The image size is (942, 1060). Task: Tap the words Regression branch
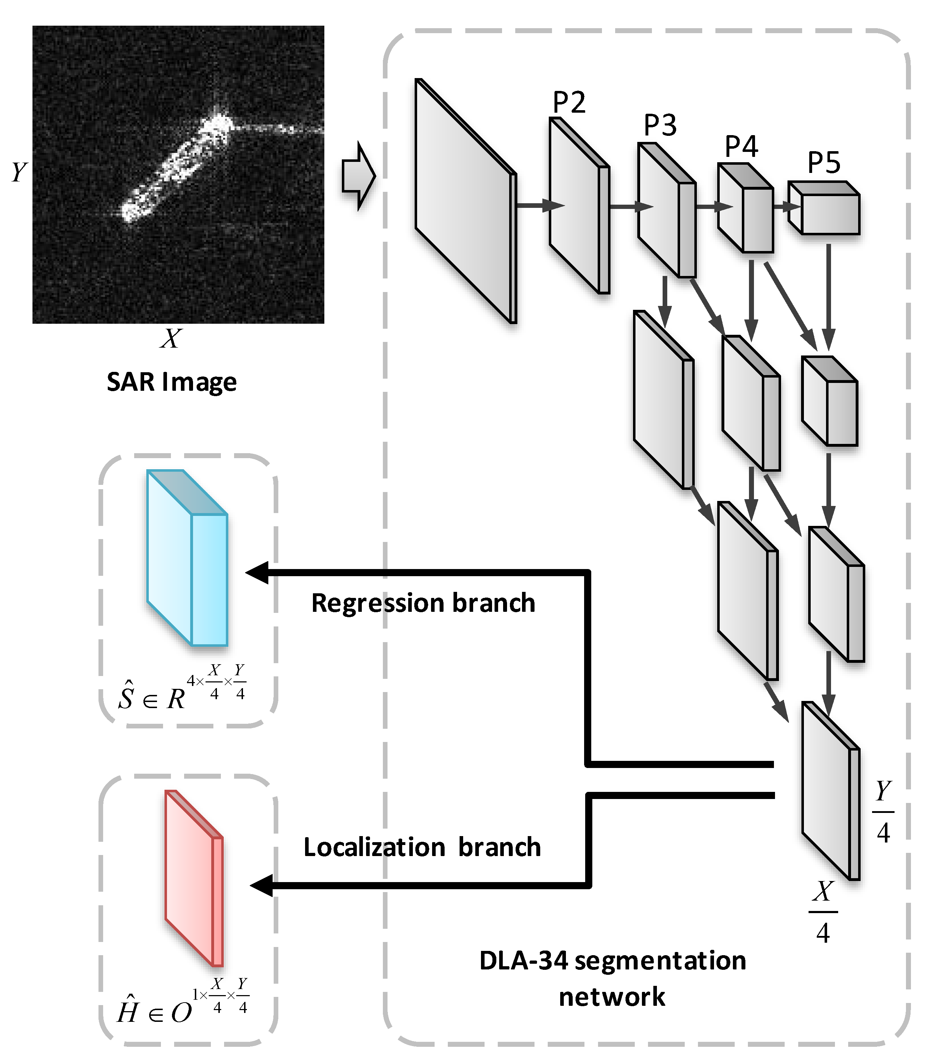click(423, 603)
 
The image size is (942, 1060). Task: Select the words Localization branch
click(422, 848)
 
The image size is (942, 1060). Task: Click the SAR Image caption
click(172, 382)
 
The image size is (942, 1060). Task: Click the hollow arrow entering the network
click(358, 177)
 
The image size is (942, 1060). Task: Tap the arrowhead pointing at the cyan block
click(257, 573)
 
